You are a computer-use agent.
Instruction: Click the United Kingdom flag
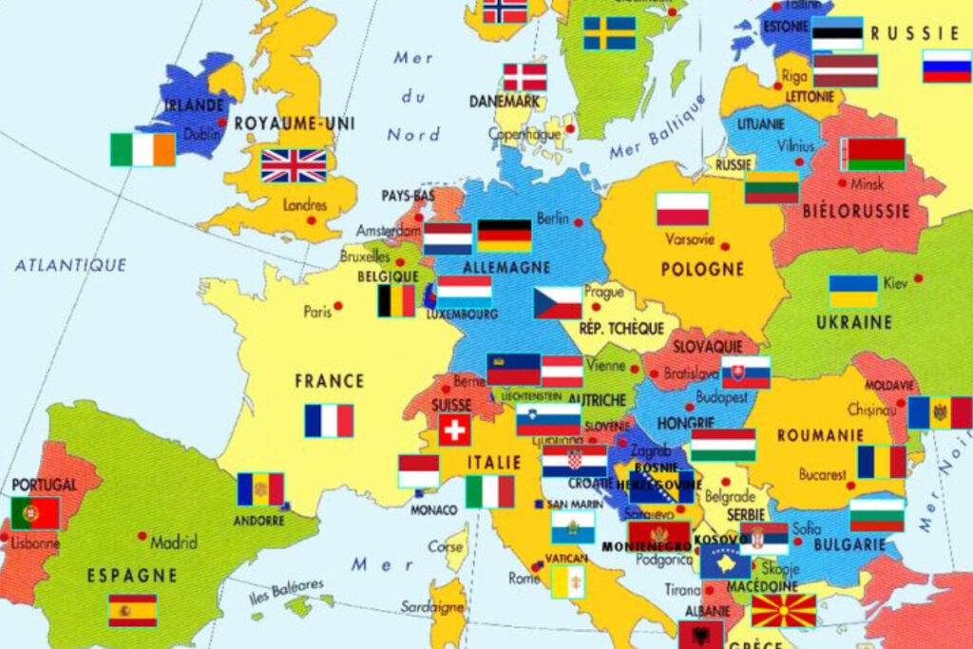click(294, 165)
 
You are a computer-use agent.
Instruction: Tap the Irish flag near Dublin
click(143, 149)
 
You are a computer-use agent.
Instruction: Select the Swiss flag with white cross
click(455, 430)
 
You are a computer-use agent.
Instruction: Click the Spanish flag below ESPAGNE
click(132, 610)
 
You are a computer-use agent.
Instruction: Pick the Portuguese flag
click(35, 513)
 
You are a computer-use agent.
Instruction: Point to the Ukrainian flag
click(853, 292)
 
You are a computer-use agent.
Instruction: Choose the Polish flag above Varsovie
click(682, 209)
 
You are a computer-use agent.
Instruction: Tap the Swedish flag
click(609, 33)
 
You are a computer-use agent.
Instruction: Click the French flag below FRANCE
click(329, 420)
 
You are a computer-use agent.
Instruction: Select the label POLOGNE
click(702, 269)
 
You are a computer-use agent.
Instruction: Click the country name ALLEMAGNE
click(506, 268)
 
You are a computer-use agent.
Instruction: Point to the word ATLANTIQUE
click(70, 265)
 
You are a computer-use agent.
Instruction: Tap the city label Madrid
click(174, 543)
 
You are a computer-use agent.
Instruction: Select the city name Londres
click(304, 205)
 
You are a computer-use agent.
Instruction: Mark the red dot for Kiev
click(918, 278)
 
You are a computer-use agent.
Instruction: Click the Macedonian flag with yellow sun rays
click(784, 610)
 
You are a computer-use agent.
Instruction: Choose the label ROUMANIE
click(813, 435)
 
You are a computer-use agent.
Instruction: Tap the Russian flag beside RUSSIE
click(946, 67)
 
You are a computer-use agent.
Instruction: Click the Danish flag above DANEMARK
click(525, 77)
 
